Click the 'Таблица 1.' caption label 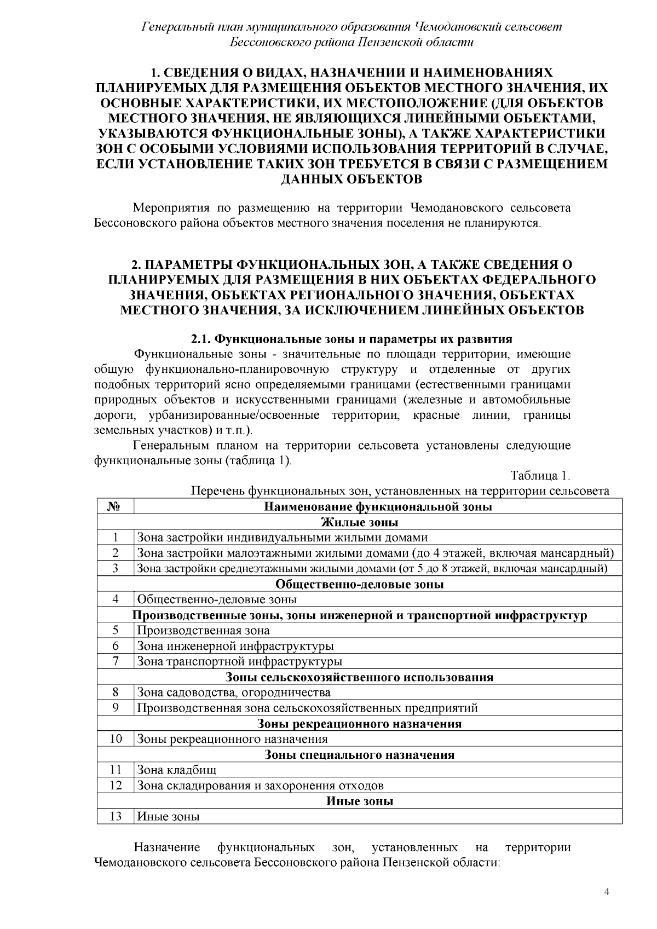540,475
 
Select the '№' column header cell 115,506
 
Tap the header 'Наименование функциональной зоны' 378,506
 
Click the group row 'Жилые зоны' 359,522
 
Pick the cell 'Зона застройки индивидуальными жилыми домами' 283,538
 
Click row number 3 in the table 115,568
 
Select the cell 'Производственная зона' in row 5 203,630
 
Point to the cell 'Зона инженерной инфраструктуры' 235,646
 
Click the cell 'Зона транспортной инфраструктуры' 239,661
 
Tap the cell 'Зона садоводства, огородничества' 234,693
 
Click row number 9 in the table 115,708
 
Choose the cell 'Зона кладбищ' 177,770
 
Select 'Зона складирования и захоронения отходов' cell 260,786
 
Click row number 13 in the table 115,816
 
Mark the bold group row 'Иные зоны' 359,801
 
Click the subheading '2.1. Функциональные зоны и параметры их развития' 351,338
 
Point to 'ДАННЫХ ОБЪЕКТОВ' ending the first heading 351,179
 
